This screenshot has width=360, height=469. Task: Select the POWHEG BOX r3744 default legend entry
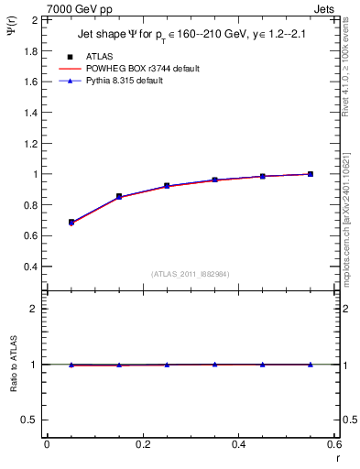128,69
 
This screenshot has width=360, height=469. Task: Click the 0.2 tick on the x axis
142,445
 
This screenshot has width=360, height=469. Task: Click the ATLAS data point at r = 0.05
71,222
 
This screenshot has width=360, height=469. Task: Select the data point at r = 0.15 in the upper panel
119,196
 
